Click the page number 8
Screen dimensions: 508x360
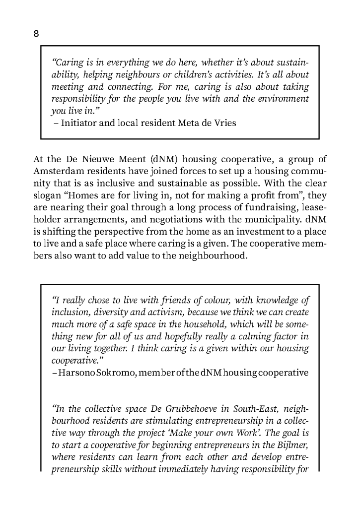pos(36,34)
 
